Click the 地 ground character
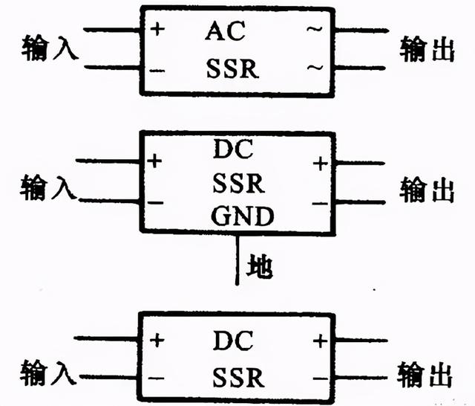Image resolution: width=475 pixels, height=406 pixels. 259,265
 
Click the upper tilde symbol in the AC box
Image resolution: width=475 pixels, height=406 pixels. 315,32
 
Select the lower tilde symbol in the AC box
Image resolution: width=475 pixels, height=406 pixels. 315,68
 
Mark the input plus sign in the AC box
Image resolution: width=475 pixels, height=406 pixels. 158,30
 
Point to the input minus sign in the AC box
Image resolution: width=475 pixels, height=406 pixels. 158,68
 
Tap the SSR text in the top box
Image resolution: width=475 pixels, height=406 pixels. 232,69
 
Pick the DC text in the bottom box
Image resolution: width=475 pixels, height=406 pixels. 234,341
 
